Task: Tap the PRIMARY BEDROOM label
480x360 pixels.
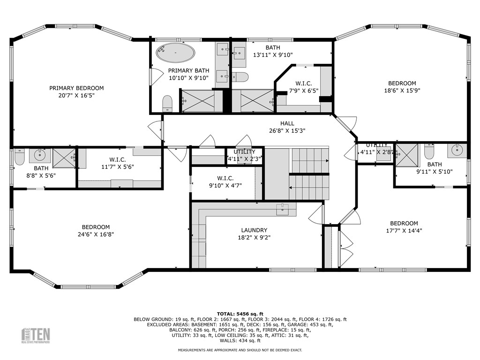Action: click(x=76, y=88)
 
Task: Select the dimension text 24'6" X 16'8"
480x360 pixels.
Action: click(x=96, y=234)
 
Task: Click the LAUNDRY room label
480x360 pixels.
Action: click(x=254, y=230)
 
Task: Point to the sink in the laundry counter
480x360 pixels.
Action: click(x=282, y=210)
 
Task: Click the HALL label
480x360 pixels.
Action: click(x=287, y=123)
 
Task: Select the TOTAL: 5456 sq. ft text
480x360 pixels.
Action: click(x=240, y=314)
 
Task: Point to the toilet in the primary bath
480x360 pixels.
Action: click(x=167, y=103)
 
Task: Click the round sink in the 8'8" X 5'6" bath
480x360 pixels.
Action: click(x=39, y=154)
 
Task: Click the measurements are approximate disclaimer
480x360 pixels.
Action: click(x=240, y=350)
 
